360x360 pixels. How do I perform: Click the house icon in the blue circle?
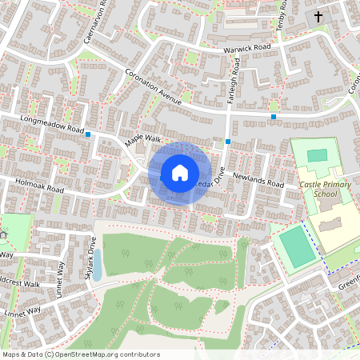[x=179, y=172]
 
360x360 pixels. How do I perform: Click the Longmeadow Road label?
[x=54, y=126]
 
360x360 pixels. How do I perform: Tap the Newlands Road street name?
[x=258, y=179]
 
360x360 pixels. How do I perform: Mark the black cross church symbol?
[x=318, y=16]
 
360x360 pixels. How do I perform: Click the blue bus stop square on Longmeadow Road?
[x=88, y=134]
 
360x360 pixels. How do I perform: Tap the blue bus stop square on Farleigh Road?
[x=228, y=142]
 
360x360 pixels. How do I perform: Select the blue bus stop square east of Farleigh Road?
[x=274, y=118]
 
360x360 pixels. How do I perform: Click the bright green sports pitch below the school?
[x=297, y=246]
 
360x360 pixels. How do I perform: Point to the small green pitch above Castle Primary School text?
[x=318, y=154]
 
